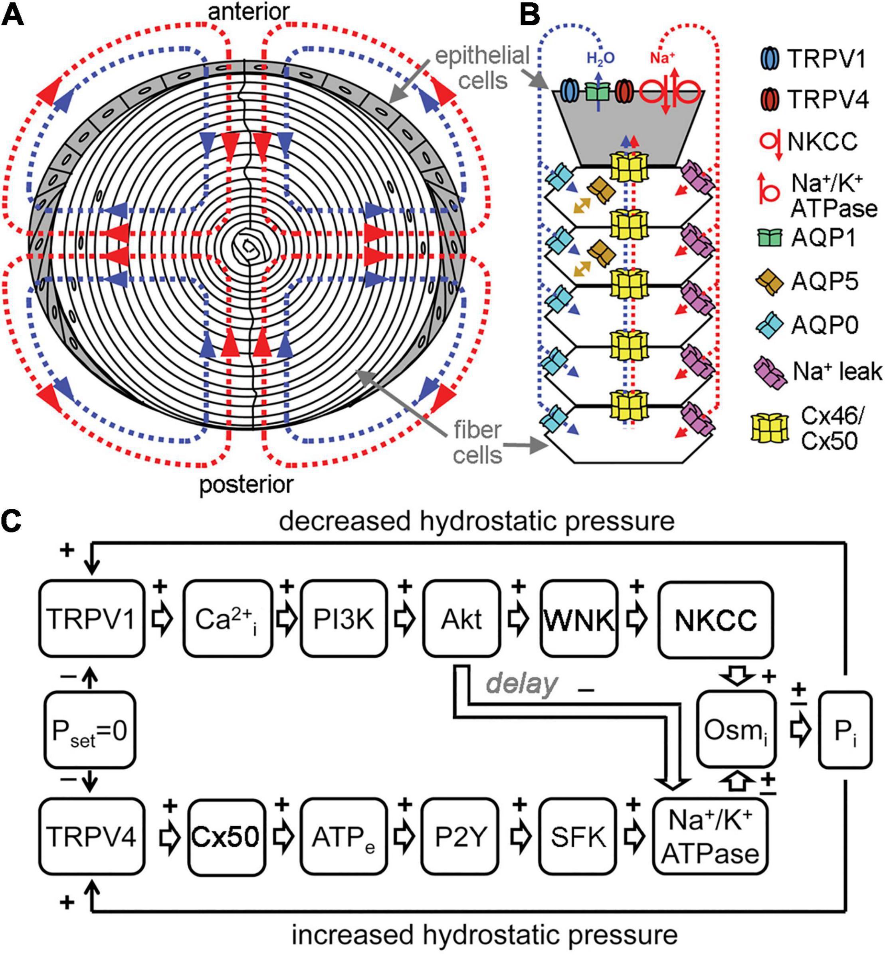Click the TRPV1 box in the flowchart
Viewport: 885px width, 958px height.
(91, 619)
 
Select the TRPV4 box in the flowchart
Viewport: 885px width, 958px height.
(91, 837)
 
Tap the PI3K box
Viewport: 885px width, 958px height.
(343, 619)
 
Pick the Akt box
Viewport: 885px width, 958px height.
(461, 619)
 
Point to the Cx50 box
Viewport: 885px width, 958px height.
(226, 837)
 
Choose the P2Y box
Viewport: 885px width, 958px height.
(460, 837)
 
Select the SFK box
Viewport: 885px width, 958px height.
(578, 837)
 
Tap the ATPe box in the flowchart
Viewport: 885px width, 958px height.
(343, 837)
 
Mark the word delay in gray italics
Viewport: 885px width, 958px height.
(522, 684)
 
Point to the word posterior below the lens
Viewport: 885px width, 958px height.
(246, 485)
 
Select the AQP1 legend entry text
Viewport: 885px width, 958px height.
(823, 238)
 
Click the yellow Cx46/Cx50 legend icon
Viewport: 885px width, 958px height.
(768, 428)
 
